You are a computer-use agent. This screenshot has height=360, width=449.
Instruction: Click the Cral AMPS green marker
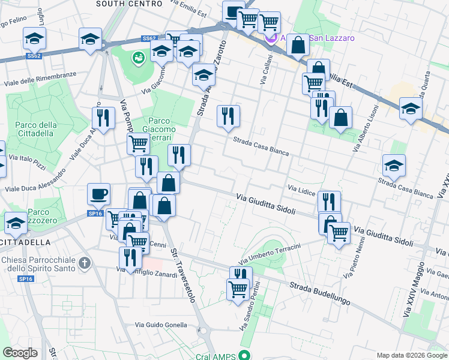pos(243,355)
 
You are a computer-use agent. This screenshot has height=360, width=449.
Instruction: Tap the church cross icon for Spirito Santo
pos(85,263)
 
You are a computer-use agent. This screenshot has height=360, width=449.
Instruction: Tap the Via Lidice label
pos(301,190)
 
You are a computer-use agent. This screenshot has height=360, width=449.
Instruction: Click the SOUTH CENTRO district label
pos(129,4)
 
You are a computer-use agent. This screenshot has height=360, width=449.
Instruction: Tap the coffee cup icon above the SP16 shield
pos(99,194)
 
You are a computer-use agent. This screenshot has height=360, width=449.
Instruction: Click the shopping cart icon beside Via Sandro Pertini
pos(238,289)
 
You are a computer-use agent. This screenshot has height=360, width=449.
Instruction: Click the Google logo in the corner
pos(21,353)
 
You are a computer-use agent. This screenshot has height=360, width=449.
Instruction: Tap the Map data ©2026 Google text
pos(411,355)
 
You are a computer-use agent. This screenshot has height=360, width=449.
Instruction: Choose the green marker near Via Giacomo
pos(139,58)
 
